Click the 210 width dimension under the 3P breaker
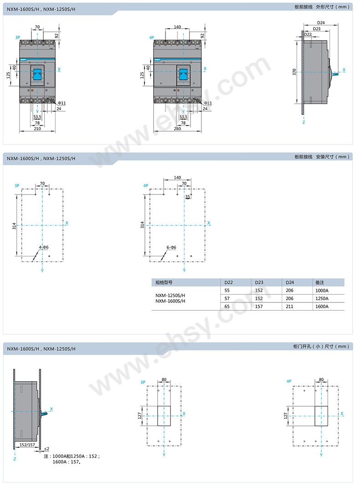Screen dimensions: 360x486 [37, 128]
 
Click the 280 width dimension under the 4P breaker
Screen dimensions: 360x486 [177, 128]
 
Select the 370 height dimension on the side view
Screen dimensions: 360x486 [294, 72]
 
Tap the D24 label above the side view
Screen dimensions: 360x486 [321, 23]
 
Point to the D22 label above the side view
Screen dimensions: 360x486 [308, 35]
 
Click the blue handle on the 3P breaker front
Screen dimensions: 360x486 [37, 75]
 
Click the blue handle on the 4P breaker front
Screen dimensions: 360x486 [184, 75]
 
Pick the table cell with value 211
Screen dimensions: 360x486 [289, 307]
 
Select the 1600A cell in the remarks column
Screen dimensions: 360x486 [322, 307]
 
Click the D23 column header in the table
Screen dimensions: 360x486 [259, 282]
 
